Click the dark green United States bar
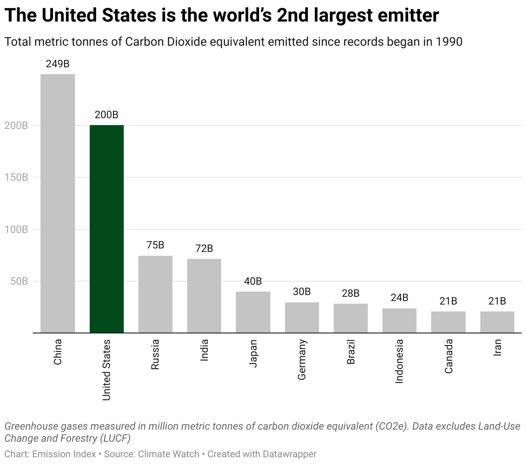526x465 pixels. tap(106, 229)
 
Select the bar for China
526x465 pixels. tap(58, 203)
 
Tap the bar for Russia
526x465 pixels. tap(155, 294)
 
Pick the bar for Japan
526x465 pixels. tap(253, 312)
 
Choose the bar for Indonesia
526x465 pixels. tap(399, 320)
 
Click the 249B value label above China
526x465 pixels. tap(58, 64)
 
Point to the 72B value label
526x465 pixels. tap(204, 248)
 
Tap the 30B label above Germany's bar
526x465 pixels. tap(302, 292)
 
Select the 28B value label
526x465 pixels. tap(351, 293)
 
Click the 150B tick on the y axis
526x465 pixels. tap(16, 177)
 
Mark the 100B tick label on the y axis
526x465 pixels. tap(16, 229)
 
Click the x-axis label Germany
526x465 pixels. tap(302, 360)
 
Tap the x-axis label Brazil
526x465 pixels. tap(351, 352)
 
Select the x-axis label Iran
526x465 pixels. tap(497, 348)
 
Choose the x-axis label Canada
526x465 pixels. tap(448, 356)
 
